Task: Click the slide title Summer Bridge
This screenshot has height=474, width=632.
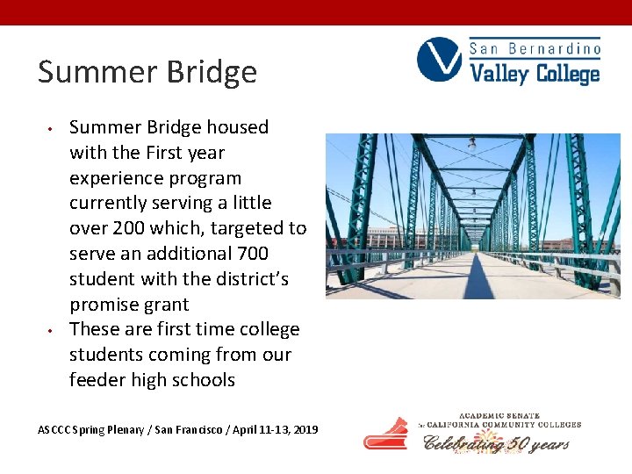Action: pos(147,72)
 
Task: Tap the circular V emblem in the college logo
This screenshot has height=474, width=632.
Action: pos(439,60)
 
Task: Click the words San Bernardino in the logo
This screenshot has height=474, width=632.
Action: pos(535,48)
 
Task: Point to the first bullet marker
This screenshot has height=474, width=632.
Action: pos(52,129)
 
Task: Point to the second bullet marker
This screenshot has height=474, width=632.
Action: pos(52,331)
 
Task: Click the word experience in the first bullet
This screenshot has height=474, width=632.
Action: pos(111,178)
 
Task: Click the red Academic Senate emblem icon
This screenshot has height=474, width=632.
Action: pos(386,434)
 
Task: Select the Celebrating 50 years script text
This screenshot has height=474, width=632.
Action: pos(497,443)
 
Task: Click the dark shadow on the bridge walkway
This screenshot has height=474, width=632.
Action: pos(478,281)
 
